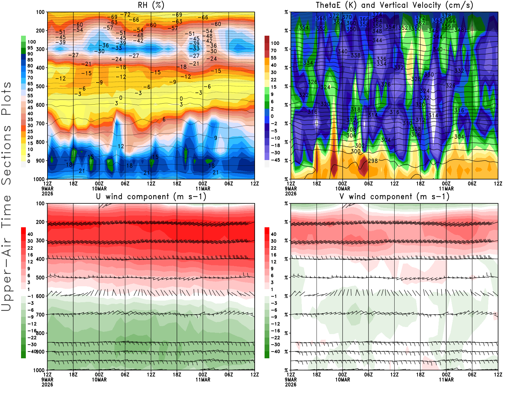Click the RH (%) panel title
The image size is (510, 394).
(x=151, y=5)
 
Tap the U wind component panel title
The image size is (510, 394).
(x=151, y=196)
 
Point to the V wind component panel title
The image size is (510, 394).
(x=394, y=196)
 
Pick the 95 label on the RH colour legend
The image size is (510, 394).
(x=30, y=48)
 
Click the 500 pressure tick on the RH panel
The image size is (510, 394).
(x=40, y=86)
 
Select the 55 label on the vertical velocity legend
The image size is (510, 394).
(x=273, y=58)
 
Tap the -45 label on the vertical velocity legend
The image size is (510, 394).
(x=275, y=160)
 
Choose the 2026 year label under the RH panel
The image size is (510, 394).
(x=47, y=193)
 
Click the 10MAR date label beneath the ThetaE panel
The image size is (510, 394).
(x=342, y=188)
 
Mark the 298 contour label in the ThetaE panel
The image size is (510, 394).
(x=373, y=161)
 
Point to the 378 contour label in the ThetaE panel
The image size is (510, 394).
(x=446, y=16)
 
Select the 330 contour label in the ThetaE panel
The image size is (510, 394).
(x=429, y=75)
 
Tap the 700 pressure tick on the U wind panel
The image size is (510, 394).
(x=40, y=315)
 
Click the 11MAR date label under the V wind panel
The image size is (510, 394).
(x=446, y=380)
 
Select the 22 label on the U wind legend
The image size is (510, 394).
(x=30, y=248)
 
